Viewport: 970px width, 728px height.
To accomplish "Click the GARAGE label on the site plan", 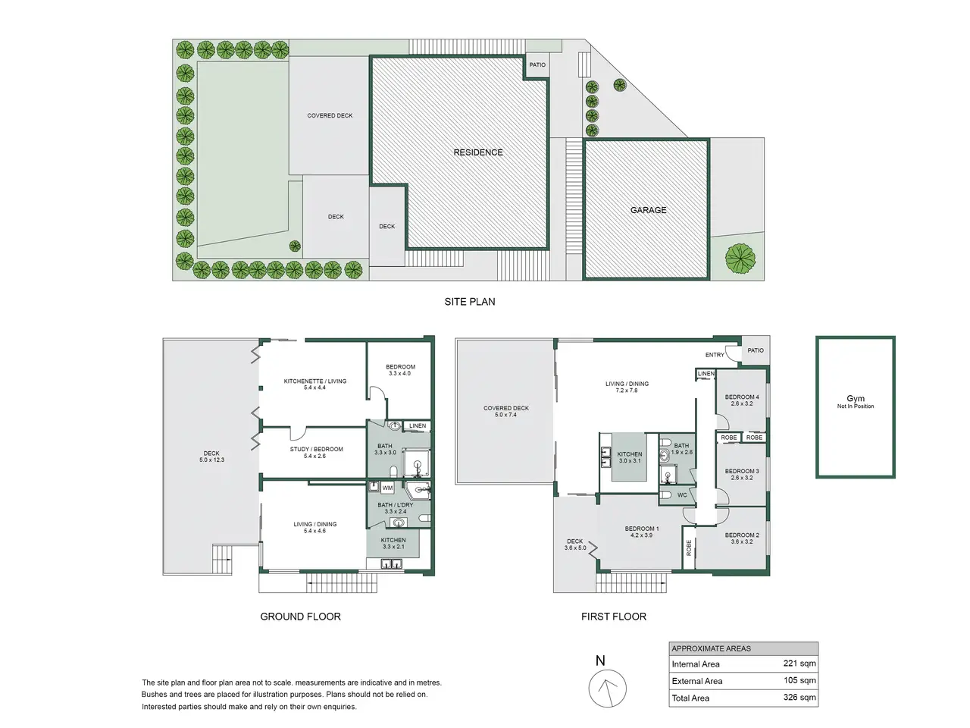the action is click(x=648, y=210).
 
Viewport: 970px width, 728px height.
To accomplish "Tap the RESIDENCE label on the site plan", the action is click(x=478, y=152).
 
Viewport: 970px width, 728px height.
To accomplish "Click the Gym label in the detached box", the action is click(x=855, y=398).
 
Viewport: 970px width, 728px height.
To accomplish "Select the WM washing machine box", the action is click(x=387, y=488).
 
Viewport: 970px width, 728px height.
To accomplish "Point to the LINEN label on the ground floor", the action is click(x=417, y=425).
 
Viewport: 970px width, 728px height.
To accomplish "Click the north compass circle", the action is click(x=607, y=689).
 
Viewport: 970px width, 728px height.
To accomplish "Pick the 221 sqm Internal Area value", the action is click(x=799, y=663).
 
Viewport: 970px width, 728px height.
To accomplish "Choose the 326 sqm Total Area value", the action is click(x=799, y=697).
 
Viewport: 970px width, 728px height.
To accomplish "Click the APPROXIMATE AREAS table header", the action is click(x=711, y=648).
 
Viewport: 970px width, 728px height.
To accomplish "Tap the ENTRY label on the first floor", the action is click(x=715, y=354).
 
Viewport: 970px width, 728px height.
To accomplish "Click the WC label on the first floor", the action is click(x=682, y=495).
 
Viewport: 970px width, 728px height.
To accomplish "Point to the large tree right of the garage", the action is click(x=740, y=259).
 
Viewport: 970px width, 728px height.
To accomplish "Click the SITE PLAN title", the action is click(x=469, y=302).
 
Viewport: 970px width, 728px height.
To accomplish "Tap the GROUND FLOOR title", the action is click(x=300, y=617).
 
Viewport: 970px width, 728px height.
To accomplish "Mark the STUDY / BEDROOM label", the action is click(x=317, y=449).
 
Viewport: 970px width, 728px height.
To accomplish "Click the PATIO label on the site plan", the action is click(x=537, y=64).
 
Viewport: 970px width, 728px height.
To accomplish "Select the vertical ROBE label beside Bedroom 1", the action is click(x=689, y=548).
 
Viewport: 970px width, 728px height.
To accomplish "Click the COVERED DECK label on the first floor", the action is click(x=506, y=408).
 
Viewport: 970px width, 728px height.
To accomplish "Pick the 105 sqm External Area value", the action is click(x=799, y=680).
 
